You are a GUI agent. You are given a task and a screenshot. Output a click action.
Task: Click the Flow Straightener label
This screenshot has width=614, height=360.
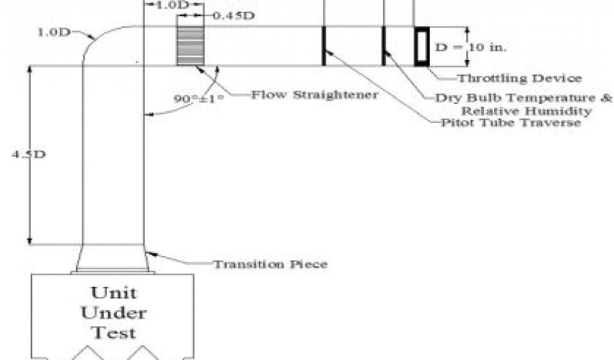coord(314,95)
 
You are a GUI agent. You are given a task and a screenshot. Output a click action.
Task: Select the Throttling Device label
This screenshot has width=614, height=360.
coord(520,78)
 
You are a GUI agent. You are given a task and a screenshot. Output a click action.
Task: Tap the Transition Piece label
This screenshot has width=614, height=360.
coord(271,264)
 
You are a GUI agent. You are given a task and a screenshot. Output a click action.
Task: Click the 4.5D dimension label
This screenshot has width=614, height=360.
coord(29,154)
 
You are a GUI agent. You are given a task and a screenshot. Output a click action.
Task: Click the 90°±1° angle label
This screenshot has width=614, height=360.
coord(198,97)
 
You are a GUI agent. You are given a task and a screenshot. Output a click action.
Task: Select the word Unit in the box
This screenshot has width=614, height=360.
coord(113,293)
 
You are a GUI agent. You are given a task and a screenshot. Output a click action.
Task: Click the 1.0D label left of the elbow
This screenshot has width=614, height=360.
coord(53,32)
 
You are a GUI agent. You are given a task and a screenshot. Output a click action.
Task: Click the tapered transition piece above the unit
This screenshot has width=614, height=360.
coord(113,259)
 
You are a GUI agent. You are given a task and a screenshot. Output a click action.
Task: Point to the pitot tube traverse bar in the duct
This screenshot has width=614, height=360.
coord(323,46)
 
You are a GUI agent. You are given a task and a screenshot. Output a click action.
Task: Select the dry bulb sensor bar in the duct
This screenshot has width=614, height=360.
coord(384,46)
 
